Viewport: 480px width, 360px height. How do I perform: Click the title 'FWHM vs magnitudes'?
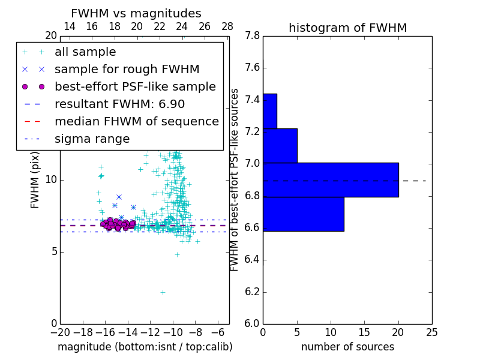click(x=136, y=14)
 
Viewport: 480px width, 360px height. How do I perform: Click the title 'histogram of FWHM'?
click(x=347, y=28)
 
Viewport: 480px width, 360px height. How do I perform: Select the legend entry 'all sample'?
click(x=85, y=52)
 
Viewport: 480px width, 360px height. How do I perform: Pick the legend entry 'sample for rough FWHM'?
click(x=127, y=69)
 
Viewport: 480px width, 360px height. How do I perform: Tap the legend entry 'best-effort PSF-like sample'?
click(x=135, y=86)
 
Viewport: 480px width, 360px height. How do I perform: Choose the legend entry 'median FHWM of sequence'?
click(x=136, y=121)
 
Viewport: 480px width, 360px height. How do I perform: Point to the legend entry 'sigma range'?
click(x=92, y=139)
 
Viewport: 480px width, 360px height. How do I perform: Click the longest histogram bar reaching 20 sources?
click(x=331, y=179)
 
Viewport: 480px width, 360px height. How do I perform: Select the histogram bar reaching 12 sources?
click(x=304, y=214)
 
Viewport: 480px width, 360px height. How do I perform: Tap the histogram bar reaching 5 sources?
click(x=280, y=145)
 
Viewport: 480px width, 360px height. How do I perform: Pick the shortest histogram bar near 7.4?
click(x=270, y=111)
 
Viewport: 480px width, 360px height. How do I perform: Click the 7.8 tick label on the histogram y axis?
click(x=251, y=36)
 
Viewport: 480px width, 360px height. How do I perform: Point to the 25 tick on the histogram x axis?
click(x=431, y=331)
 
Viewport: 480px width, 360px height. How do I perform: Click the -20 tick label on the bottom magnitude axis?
click(x=60, y=331)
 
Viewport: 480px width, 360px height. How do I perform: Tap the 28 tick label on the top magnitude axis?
click(x=227, y=26)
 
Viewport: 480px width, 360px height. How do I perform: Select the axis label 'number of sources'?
click(x=347, y=347)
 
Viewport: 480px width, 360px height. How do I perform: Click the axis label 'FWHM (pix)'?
click(x=35, y=179)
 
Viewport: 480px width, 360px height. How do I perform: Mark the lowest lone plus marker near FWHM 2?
click(x=163, y=292)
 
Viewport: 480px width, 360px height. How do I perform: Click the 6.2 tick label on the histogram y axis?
click(x=251, y=292)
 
